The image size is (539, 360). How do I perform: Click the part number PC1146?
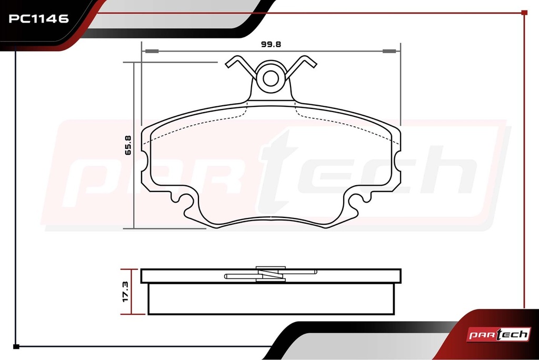38,18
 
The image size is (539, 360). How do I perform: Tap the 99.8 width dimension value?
271,44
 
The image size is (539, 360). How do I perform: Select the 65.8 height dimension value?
128,145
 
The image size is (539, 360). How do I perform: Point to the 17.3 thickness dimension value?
125,292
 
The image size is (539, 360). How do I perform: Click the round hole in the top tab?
271,78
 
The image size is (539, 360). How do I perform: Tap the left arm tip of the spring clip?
228,64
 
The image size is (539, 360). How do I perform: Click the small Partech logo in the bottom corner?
498,334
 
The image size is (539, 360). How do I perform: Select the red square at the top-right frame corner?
524,13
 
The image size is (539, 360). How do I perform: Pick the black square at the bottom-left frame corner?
16,346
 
